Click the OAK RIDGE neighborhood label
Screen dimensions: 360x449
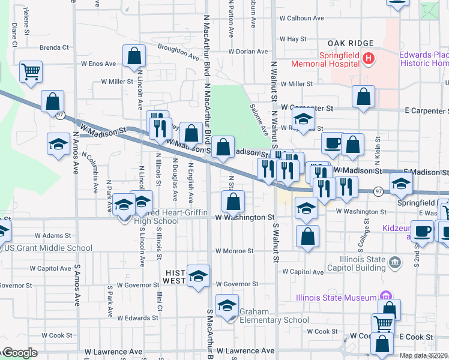pyautogui.click(x=351, y=44)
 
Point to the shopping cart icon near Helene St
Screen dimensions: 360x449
pyautogui.click(x=30, y=71)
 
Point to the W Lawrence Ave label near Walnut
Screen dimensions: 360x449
pyautogui.click(x=246, y=350)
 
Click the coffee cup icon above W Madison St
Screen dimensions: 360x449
pyautogui.click(x=333, y=142)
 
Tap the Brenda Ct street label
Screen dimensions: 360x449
pyautogui.click(x=55, y=47)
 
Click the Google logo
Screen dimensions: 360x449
pyautogui.click(x=20, y=353)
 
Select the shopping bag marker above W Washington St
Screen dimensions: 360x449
pyautogui.click(x=233, y=201)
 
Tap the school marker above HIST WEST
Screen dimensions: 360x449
pyautogui.click(x=197, y=275)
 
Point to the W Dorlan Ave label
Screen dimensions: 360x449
pyautogui.click(x=248, y=52)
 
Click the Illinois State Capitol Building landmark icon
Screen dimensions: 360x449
pyautogui.click(x=395, y=262)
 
